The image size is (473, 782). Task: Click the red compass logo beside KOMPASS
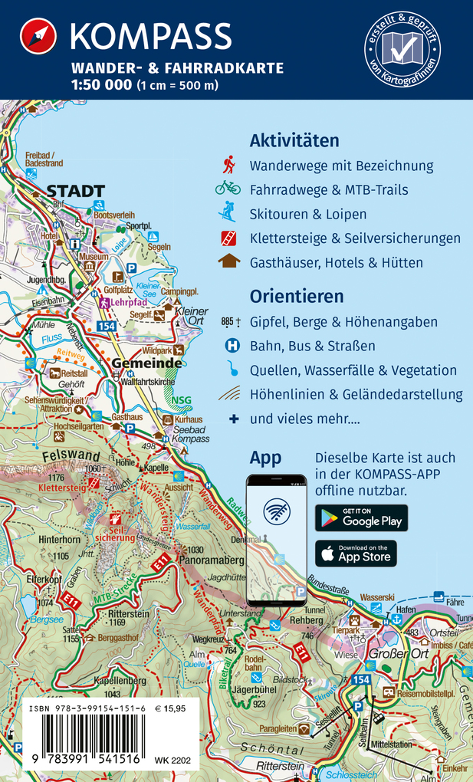tap(38, 37)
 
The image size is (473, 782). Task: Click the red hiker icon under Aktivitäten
tap(228, 165)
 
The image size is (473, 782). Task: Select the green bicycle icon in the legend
tap(228, 189)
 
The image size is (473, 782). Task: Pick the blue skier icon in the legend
tap(228, 212)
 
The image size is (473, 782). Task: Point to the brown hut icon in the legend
tap(228, 261)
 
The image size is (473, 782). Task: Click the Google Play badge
tap(361, 518)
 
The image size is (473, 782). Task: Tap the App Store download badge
tap(356, 554)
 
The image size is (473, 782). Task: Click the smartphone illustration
tap(276, 540)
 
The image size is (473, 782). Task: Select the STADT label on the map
tap(75, 191)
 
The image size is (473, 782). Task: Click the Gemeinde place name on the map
tap(146, 363)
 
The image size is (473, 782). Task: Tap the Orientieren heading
tap(297, 297)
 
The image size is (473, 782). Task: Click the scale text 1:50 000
tap(101, 85)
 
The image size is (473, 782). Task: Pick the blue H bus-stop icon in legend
tap(232, 346)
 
